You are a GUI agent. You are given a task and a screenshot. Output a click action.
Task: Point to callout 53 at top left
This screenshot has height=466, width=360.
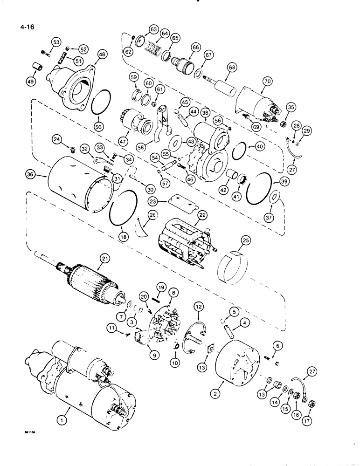56,42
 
